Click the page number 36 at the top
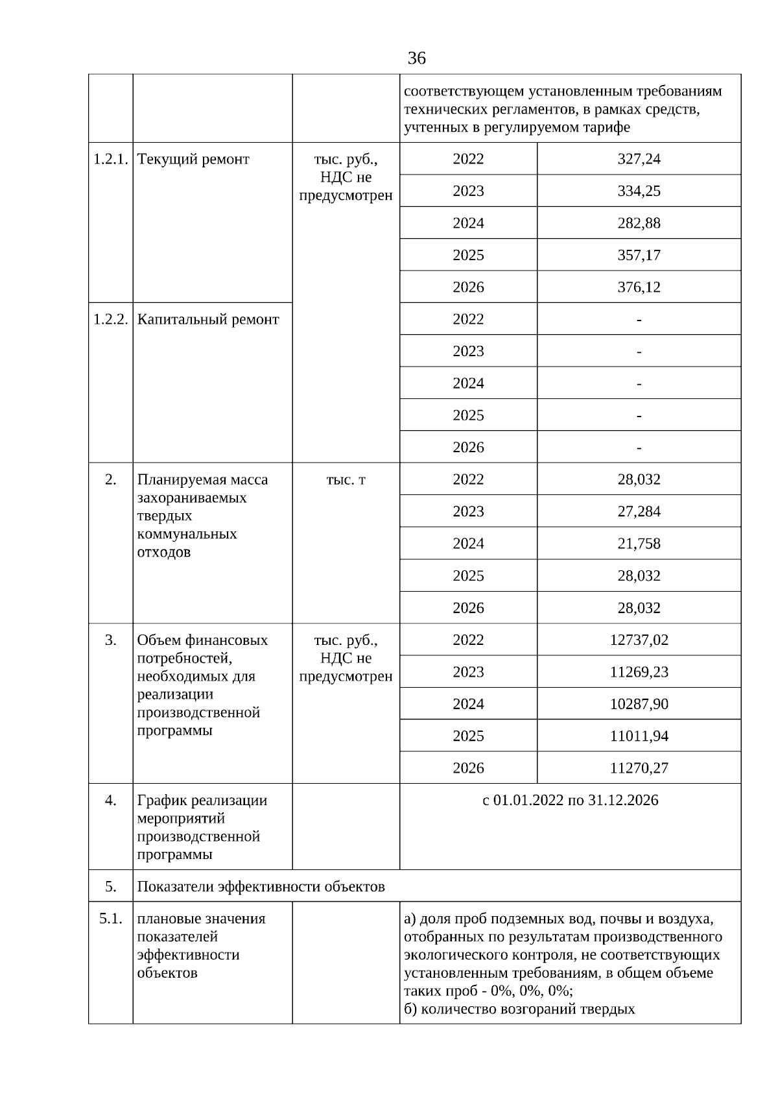pyautogui.click(x=416, y=58)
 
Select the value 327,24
pyautogui.click(x=639, y=159)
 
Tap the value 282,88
pyautogui.click(x=639, y=223)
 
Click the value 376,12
pyautogui.click(x=639, y=287)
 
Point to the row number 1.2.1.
pyautogui.click(x=110, y=159)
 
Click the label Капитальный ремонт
pyautogui.click(x=208, y=319)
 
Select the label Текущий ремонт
pyautogui.click(x=193, y=159)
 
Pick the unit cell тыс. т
pyautogui.click(x=346, y=479)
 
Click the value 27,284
pyautogui.click(x=639, y=511)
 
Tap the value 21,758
pyautogui.click(x=639, y=543)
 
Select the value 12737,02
pyautogui.click(x=639, y=640)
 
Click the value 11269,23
pyautogui.click(x=639, y=671)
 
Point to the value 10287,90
pyautogui.click(x=639, y=704)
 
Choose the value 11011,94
pyautogui.click(x=639, y=736)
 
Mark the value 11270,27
pyautogui.click(x=639, y=768)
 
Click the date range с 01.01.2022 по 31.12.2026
pyautogui.click(x=570, y=800)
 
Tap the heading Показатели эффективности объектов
pyautogui.click(x=261, y=886)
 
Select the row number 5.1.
pyautogui.click(x=110, y=919)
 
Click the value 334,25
pyautogui.click(x=639, y=191)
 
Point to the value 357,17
pyautogui.click(x=639, y=255)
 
